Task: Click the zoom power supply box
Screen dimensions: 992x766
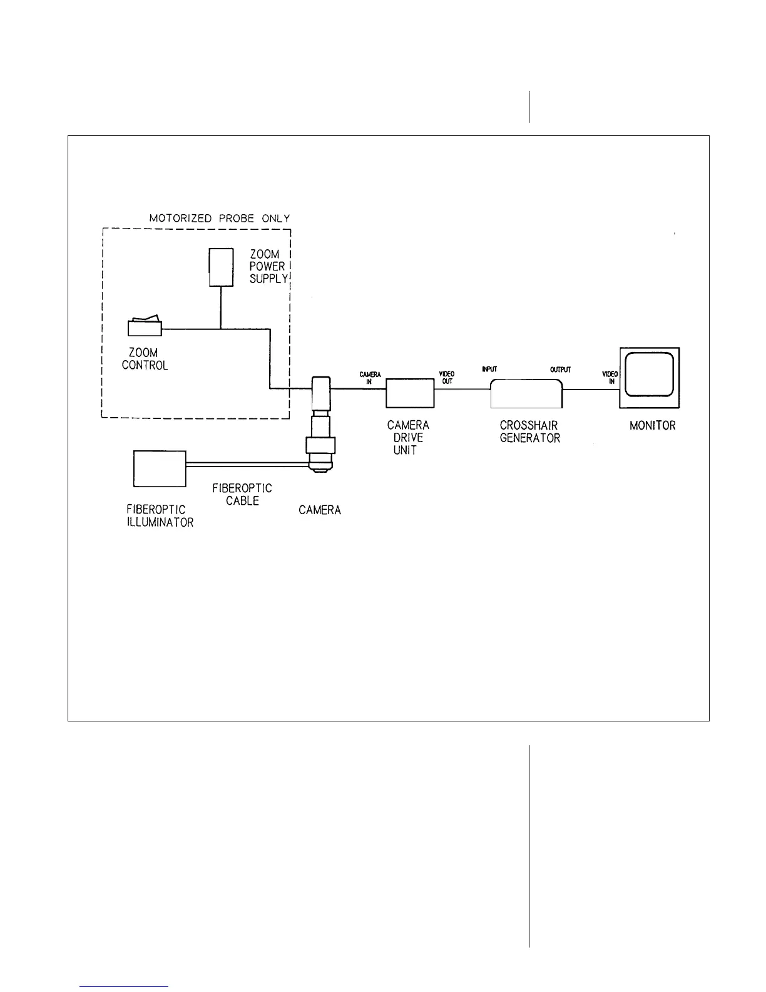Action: click(x=220, y=267)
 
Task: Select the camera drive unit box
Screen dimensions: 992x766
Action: click(x=410, y=393)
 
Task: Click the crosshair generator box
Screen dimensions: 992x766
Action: click(x=526, y=393)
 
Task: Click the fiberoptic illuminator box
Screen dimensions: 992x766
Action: click(x=160, y=469)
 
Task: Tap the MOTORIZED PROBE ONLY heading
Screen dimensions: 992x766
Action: click(x=220, y=219)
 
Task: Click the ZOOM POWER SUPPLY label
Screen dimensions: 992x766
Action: click(x=268, y=267)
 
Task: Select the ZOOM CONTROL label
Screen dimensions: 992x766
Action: click(x=145, y=359)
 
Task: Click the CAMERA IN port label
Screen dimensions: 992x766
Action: click(x=370, y=378)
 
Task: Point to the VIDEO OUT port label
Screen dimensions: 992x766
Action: click(x=447, y=378)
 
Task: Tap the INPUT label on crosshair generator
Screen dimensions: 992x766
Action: click(x=489, y=369)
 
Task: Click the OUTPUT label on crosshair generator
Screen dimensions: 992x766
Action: click(x=560, y=369)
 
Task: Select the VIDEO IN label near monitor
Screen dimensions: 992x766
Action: click(x=610, y=378)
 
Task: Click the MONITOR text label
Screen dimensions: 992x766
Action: click(x=652, y=426)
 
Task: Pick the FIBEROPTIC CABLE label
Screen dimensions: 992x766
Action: click(x=242, y=494)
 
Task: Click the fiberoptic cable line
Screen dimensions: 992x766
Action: click(x=247, y=464)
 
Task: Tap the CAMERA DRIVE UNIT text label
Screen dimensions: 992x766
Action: click(x=408, y=438)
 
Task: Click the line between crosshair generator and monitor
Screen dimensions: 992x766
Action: click(x=590, y=389)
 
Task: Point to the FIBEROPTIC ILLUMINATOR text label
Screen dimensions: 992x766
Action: click(x=160, y=516)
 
